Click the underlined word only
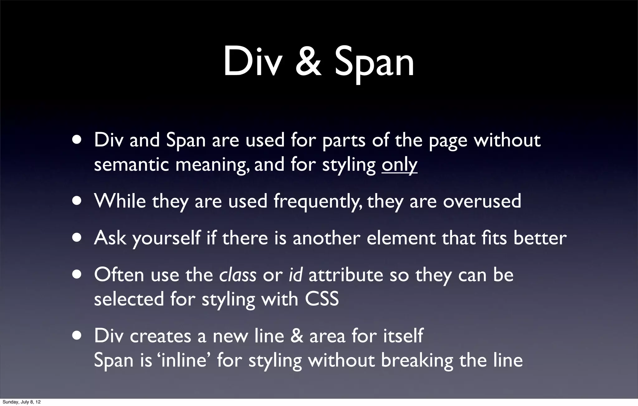[399, 165]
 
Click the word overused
[482, 201]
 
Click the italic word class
[238, 275]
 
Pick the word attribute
[346, 275]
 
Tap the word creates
[160, 336]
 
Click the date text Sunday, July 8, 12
[21, 402]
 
